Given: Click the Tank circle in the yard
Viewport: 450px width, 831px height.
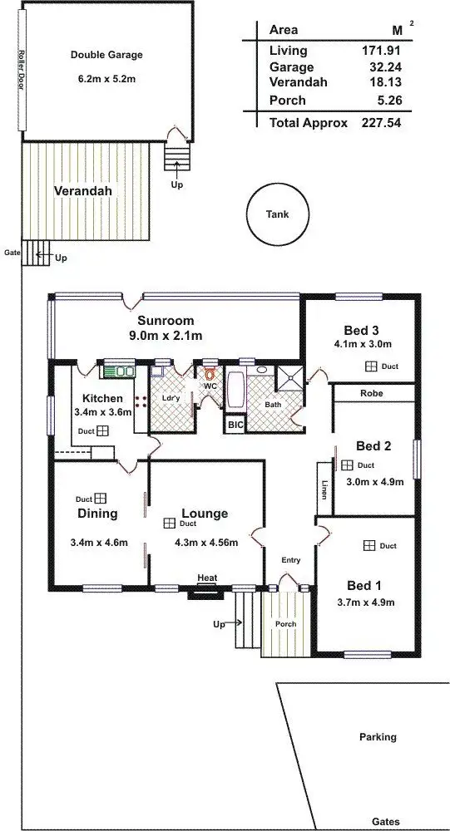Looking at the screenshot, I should click(x=278, y=215).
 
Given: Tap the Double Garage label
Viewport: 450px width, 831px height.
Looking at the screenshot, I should click(x=106, y=55).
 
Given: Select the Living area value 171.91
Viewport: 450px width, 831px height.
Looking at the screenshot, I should click(x=383, y=52).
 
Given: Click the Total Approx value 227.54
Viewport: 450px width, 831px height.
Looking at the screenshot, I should click(x=383, y=122).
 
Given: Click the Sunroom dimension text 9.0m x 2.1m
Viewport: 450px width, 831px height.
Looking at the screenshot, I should click(x=166, y=336).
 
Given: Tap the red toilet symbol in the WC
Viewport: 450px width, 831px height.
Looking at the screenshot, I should click(x=210, y=374).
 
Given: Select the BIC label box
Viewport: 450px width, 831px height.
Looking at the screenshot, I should click(x=235, y=424).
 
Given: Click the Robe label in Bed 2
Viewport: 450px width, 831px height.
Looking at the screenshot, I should click(x=372, y=393).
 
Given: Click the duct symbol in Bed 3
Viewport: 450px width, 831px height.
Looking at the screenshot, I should click(x=370, y=366).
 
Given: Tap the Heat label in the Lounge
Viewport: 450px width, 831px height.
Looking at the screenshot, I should click(x=206, y=578).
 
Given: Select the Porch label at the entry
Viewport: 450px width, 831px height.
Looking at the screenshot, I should click(x=285, y=624).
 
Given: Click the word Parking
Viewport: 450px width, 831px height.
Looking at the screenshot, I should click(x=378, y=737).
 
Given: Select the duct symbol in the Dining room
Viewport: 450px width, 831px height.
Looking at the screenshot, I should click(x=100, y=499).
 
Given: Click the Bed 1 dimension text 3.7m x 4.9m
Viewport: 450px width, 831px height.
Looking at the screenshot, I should click(x=364, y=602).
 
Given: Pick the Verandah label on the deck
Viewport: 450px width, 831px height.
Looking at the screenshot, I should click(x=82, y=191).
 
